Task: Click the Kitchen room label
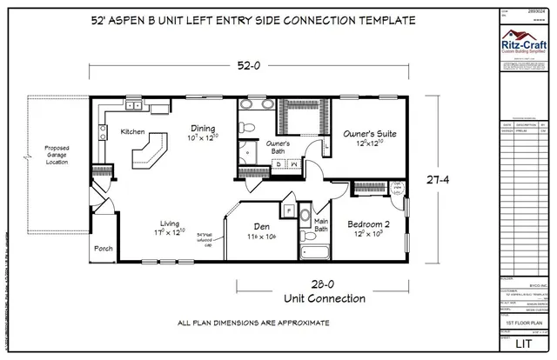pos(133,132)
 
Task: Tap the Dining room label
pos(202,129)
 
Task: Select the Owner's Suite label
pos(370,135)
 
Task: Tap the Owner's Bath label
pos(277,146)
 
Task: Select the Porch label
pos(103,247)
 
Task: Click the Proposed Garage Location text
pos(57,156)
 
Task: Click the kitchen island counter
pos(149,153)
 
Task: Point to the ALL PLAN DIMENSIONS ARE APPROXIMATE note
pos(253,322)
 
